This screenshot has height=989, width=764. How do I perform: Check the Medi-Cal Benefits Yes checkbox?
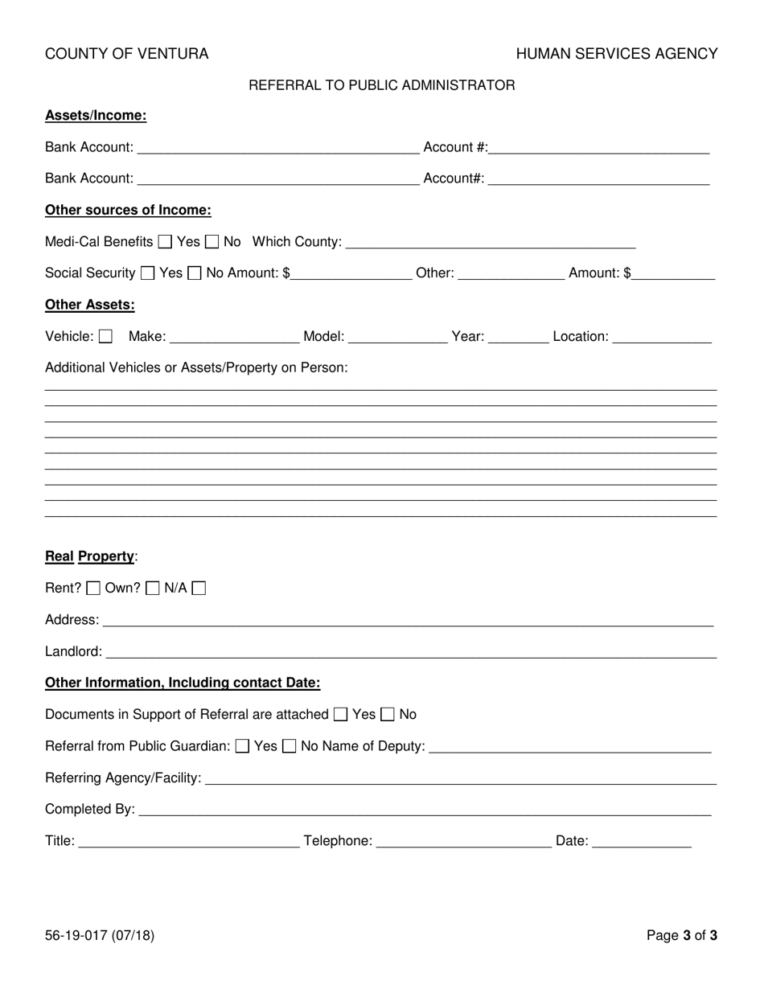tap(165, 241)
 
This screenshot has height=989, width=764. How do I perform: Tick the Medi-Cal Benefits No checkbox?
tap(212, 241)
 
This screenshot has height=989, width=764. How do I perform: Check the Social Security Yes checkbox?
tap(148, 273)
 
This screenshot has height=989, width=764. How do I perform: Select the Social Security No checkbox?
tap(195, 273)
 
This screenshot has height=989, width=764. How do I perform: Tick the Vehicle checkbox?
tap(105, 336)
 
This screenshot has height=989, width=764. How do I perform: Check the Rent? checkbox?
tap(93, 589)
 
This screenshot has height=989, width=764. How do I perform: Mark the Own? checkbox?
tap(153, 589)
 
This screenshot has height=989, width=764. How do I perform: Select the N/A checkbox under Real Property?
tap(199, 589)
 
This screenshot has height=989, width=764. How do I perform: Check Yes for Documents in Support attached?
tap(341, 714)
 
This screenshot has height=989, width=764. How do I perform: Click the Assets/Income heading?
tap(96, 116)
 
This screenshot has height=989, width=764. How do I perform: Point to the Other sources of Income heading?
tap(128, 211)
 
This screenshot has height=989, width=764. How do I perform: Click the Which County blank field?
tap(491, 242)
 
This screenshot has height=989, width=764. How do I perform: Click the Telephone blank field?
tap(464, 841)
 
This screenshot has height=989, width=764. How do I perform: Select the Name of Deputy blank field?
tap(570, 746)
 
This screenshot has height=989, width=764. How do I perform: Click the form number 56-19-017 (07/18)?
tap(100, 935)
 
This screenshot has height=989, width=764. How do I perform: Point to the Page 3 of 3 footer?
tap(682, 935)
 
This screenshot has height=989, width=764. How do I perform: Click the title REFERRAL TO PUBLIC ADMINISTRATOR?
tap(382, 85)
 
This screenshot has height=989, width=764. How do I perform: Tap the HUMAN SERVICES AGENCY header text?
tap(617, 54)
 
